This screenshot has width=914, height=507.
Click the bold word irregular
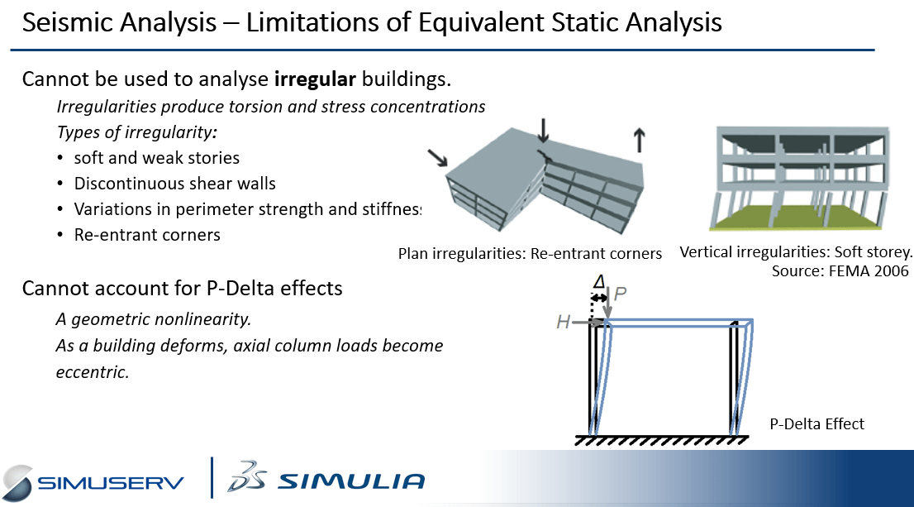(315, 79)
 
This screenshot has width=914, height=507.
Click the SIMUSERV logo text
(110, 483)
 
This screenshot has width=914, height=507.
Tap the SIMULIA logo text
(351, 481)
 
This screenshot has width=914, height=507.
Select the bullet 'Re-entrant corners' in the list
(147, 235)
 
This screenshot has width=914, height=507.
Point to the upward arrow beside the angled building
(640, 141)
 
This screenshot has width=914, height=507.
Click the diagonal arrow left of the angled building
(438, 157)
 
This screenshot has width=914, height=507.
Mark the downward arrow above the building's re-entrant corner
(543, 131)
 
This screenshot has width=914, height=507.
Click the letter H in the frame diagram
(563, 322)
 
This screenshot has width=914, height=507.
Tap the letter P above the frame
(620, 293)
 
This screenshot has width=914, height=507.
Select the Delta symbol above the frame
(599, 282)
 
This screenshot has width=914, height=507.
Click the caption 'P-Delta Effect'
(816, 424)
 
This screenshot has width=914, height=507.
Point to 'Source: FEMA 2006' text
(840, 270)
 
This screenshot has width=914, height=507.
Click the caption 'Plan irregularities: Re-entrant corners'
(530, 254)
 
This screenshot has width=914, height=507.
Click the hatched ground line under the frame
(662, 440)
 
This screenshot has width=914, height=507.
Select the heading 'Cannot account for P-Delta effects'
(182, 288)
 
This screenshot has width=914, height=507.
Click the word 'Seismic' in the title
(64, 23)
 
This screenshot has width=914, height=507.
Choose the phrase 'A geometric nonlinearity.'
(154, 319)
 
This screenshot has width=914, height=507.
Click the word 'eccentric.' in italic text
(92, 371)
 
